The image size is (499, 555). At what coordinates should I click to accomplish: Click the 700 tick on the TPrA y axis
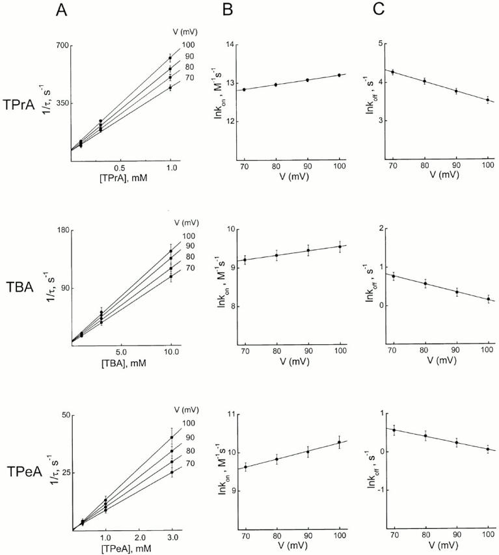point(62,47)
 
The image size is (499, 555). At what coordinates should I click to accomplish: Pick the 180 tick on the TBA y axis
point(62,230)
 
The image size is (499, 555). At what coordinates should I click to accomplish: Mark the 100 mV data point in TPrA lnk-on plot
point(320,75)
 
